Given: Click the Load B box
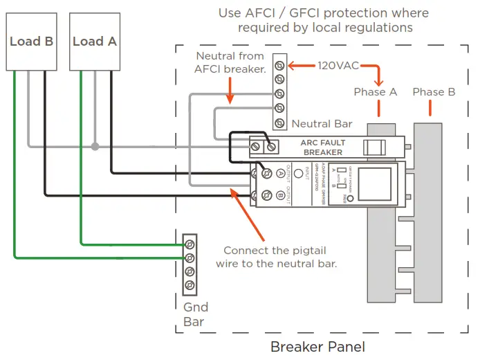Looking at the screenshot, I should click(31, 42).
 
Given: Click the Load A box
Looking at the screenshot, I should click(95, 42).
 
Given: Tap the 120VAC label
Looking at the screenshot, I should click(338, 66).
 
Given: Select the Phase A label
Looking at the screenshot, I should click(375, 92).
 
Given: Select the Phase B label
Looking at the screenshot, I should click(434, 92).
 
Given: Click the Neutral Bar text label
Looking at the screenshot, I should click(322, 124).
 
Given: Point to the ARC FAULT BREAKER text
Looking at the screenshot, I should click(322, 147).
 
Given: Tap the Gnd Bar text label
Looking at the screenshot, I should click(195, 314).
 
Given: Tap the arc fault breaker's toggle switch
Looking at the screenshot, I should click(375, 147).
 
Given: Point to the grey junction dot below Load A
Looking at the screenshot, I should click(95, 146).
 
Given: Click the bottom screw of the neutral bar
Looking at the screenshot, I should click(279, 122).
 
